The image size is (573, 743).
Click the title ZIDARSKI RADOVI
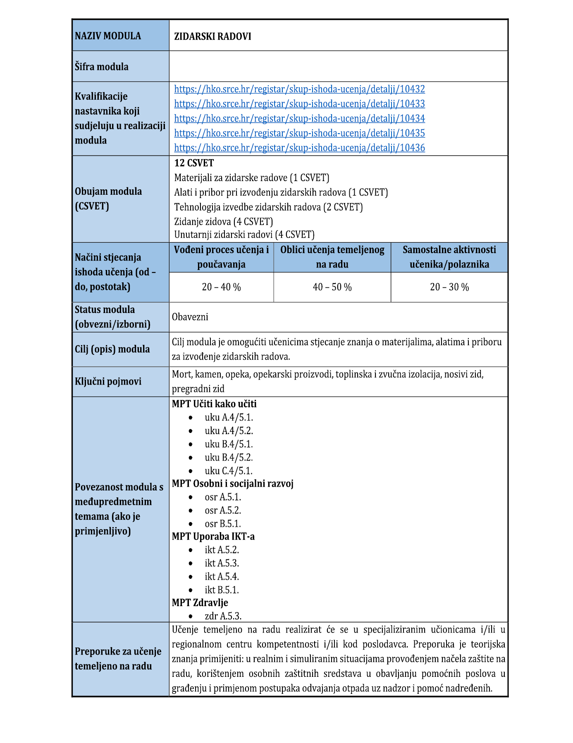(x=212, y=36)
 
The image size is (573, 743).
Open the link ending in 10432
(x=299, y=89)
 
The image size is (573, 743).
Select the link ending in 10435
(x=299, y=133)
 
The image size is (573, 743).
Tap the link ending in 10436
(x=299, y=148)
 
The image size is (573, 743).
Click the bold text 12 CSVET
(x=194, y=163)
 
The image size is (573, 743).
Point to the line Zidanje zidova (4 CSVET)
(x=224, y=222)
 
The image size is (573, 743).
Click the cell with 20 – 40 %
(x=221, y=287)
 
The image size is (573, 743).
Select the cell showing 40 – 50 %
(x=332, y=287)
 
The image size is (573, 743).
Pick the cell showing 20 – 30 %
(x=449, y=287)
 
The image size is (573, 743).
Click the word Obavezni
(x=190, y=317)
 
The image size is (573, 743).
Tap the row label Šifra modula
(x=102, y=67)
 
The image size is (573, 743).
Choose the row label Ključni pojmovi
(x=108, y=381)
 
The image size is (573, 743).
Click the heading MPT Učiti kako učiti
(x=214, y=404)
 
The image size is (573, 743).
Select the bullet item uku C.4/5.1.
(x=229, y=471)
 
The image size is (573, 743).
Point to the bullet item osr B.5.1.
(x=223, y=524)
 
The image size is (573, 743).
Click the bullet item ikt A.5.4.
(x=222, y=577)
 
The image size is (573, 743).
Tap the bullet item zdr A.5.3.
(x=223, y=616)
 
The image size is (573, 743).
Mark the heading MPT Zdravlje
(x=200, y=603)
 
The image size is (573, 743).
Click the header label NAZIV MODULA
(x=108, y=36)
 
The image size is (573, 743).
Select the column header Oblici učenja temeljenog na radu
(x=332, y=257)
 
